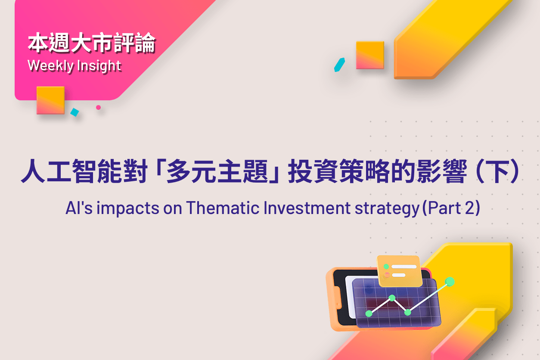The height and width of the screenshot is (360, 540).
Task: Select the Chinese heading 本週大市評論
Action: click(x=92, y=43)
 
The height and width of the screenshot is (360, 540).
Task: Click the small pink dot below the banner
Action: click(x=98, y=107)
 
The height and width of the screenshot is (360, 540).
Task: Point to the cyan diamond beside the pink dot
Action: click(x=74, y=112)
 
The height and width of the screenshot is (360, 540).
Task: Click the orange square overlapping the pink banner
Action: click(x=50, y=100)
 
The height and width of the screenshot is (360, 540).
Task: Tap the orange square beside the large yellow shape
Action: click(x=370, y=55)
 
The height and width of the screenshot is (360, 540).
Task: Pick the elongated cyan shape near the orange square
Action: click(x=339, y=65)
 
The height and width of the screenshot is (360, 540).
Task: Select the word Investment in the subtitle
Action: click(x=307, y=208)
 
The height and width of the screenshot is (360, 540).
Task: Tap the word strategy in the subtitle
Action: click(x=387, y=208)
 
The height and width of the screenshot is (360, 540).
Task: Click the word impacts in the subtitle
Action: click(x=128, y=208)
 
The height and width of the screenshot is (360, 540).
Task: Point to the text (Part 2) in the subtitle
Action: click(x=451, y=208)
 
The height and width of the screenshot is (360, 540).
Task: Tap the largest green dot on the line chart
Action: click(x=450, y=282)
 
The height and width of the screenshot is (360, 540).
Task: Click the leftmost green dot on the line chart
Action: click(x=369, y=313)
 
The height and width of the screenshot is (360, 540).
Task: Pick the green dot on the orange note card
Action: click(x=386, y=267)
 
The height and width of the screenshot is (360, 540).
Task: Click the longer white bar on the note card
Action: click(x=404, y=267)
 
